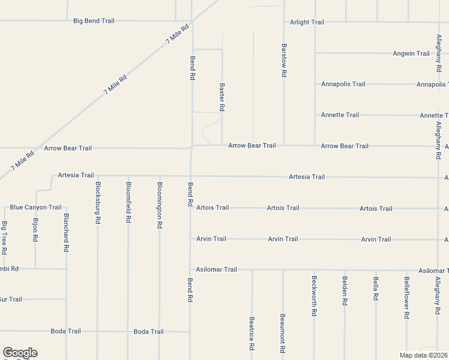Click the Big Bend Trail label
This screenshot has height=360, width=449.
94,21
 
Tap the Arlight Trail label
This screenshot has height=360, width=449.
307,22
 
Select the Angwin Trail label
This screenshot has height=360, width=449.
411,53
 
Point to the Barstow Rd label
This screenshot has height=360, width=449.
284,60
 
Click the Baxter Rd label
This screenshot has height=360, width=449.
222,97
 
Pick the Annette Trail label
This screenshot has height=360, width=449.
340,115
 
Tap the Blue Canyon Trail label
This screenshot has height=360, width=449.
35,208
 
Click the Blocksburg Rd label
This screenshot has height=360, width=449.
97,203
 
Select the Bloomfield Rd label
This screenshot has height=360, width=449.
128,203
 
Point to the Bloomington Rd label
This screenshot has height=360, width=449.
159,205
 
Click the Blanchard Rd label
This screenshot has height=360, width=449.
66,232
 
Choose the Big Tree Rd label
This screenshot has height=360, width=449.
4,236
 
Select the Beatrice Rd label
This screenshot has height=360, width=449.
252,334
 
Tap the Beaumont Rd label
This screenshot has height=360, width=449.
283,334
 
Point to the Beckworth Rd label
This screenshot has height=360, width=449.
314,296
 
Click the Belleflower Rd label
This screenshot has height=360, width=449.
406,298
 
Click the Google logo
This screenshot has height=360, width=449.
20,353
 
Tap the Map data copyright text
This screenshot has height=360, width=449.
424,355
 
